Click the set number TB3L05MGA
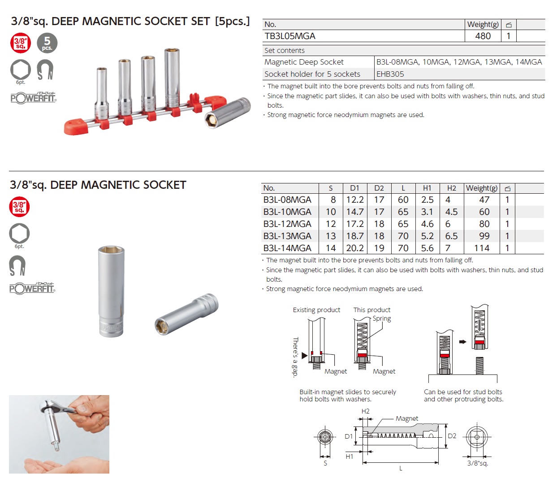[x=290, y=36]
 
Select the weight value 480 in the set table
[x=483, y=36]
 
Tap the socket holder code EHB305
[x=390, y=74]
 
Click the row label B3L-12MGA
[x=287, y=224]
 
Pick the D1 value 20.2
[x=355, y=248]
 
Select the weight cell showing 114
[x=482, y=248]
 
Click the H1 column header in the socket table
[x=427, y=188]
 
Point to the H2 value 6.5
[x=451, y=236]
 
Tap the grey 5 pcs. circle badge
[x=47, y=44]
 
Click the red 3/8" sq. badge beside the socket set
[x=21, y=44]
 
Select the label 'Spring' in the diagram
[x=382, y=318]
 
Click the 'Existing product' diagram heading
[x=316, y=310]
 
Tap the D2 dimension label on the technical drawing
[x=452, y=436]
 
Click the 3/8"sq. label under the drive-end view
[x=477, y=463]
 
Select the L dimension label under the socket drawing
[x=401, y=468]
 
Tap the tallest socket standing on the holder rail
[x=172, y=78]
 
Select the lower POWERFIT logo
[x=32, y=288]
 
